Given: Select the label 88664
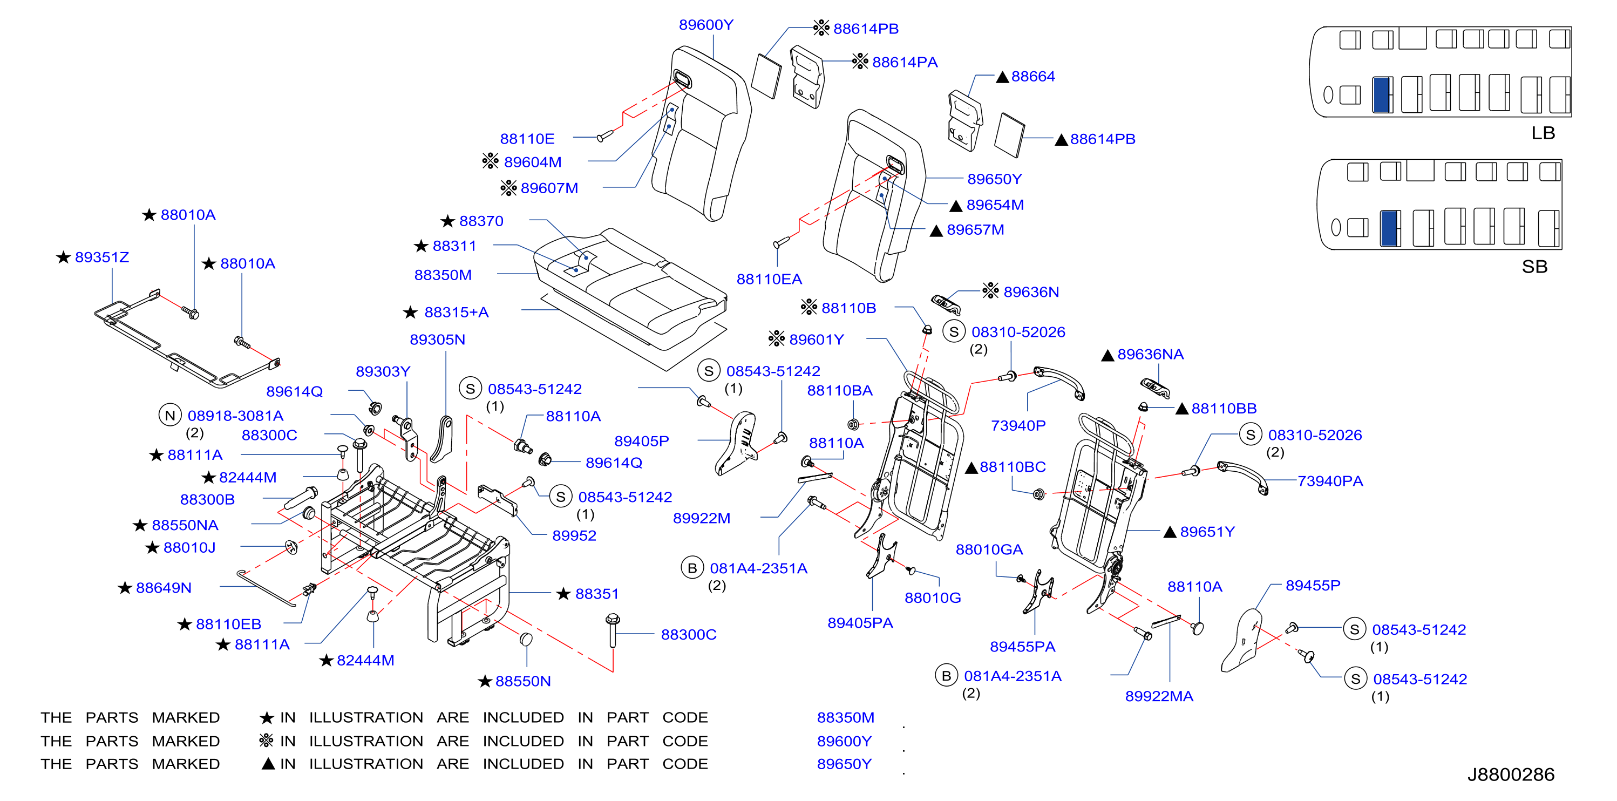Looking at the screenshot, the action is pyautogui.click(x=1032, y=77).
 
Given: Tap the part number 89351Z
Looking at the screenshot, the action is pyautogui.click(x=101, y=257).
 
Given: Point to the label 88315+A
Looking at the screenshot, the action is pyautogui.click(x=457, y=312).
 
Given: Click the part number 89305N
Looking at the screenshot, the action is pyautogui.click(x=438, y=340).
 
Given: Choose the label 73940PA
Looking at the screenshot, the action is pyautogui.click(x=1330, y=481).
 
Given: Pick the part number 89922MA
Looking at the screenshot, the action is pyautogui.click(x=1159, y=696).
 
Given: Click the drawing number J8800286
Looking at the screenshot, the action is pyautogui.click(x=1511, y=775).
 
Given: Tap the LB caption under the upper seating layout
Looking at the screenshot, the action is pyautogui.click(x=1543, y=133).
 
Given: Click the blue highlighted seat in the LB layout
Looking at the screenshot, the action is pyautogui.click(x=1381, y=95).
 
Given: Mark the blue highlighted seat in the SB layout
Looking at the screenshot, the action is pyautogui.click(x=1389, y=228).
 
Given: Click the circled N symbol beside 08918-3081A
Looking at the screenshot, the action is pyautogui.click(x=169, y=416).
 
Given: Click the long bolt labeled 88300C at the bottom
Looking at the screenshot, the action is pyautogui.click(x=613, y=631).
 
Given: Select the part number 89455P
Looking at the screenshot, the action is pyautogui.click(x=1313, y=586).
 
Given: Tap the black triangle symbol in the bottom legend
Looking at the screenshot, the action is pyautogui.click(x=268, y=763).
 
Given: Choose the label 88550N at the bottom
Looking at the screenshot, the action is pyautogui.click(x=523, y=681).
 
